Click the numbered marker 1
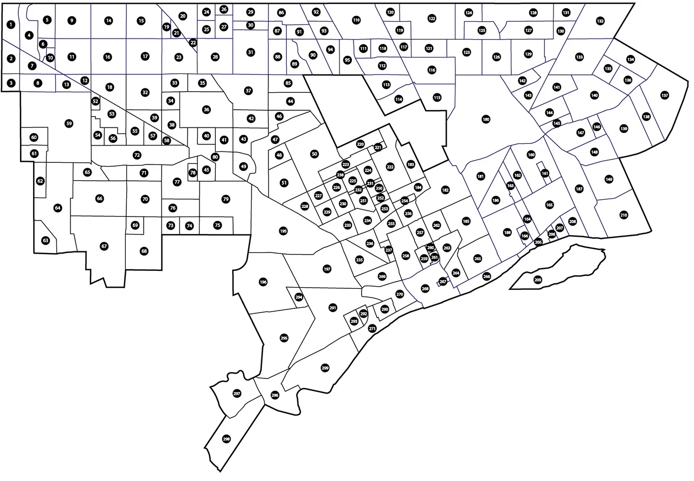coord(11,24)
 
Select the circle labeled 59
coord(69,124)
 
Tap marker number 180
coord(486,119)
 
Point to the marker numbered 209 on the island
coord(538,280)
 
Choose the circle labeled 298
coord(227,439)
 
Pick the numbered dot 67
coord(104,246)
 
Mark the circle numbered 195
coord(283,231)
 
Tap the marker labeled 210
coord(624,216)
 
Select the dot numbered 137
coord(665,96)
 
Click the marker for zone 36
coord(206,110)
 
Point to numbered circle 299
coord(325,368)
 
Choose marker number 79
coord(226,199)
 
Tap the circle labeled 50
coord(314,154)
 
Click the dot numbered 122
coord(432,19)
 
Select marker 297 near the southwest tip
coord(236,393)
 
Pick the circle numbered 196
coord(264,282)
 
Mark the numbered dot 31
coord(250,52)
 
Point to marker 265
coord(478,258)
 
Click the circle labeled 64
coord(58,208)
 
